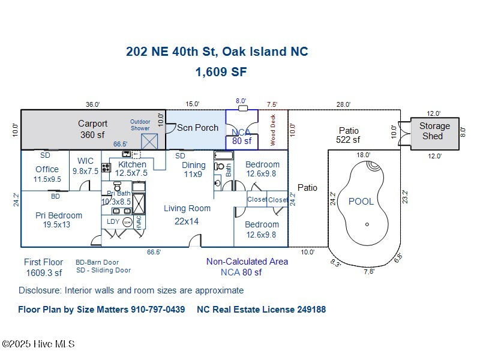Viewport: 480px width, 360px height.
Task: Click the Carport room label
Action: click(x=93, y=124)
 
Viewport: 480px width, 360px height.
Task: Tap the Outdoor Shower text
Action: click(x=140, y=124)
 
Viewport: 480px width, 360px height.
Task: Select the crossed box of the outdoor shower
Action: click(x=149, y=142)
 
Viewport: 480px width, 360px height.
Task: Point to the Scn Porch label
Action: click(x=197, y=128)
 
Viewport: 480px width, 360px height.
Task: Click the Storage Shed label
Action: click(x=434, y=131)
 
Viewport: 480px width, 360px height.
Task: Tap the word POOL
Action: click(x=361, y=202)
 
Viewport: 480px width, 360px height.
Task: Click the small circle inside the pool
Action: click(x=367, y=225)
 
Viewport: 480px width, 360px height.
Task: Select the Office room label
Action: click(x=47, y=169)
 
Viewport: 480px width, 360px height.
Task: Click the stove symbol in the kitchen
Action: click(x=106, y=168)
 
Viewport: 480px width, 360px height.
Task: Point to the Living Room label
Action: click(x=187, y=208)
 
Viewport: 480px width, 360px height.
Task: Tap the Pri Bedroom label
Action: click(x=59, y=215)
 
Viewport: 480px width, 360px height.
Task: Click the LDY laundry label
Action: click(x=113, y=221)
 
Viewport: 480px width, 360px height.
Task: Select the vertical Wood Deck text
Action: click(x=272, y=130)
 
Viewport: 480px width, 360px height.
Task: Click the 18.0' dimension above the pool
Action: click(x=364, y=155)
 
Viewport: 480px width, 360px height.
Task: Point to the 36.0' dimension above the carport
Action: click(x=92, y=104)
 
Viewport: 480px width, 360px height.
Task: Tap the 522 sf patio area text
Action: click(x=348, y=140)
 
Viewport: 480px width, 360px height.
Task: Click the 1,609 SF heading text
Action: click(x=221, y=72)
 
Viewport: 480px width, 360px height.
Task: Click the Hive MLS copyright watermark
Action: click(x=38, y=344)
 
